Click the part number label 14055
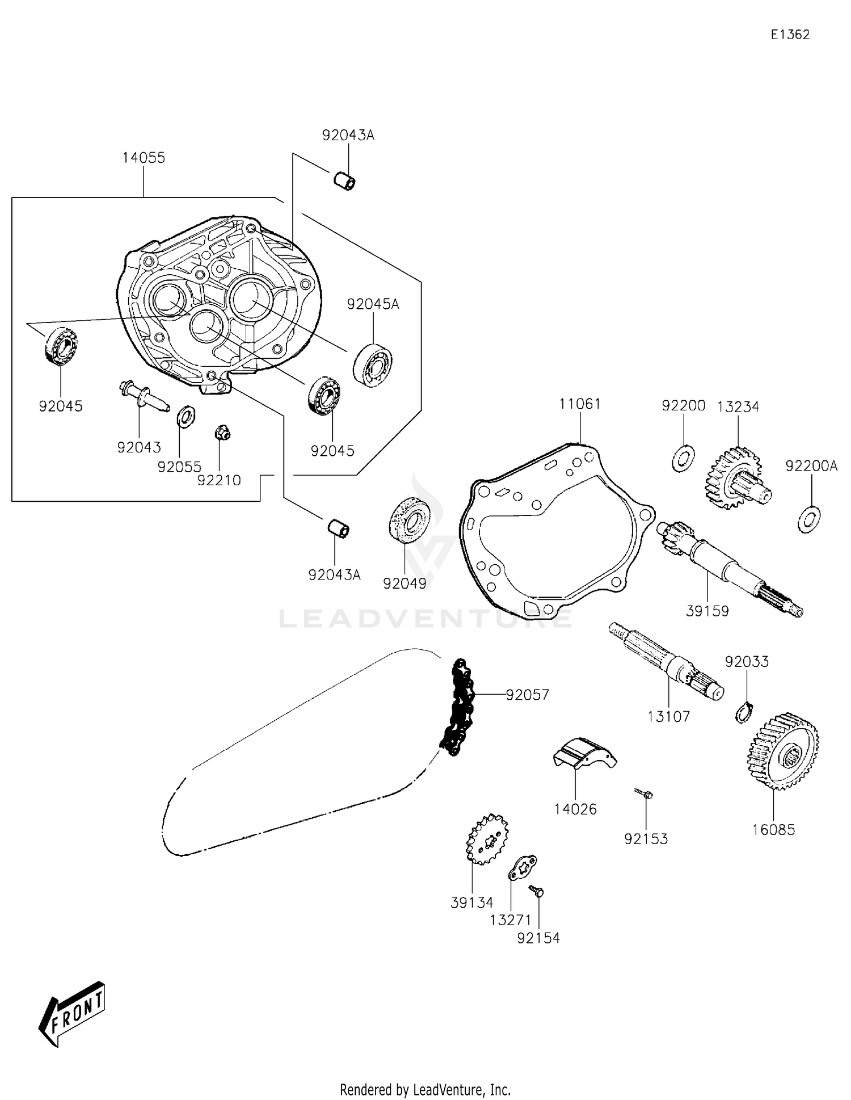tap(144, 158)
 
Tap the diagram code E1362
tap(790, 35)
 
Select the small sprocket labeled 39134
tap(487, 839)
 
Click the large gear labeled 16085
tap(783, 751)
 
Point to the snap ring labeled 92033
tap(744, 712)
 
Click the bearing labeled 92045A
tap(373, 364)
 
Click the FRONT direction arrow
tap(73, 1015)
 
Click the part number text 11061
tap(580, 404)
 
